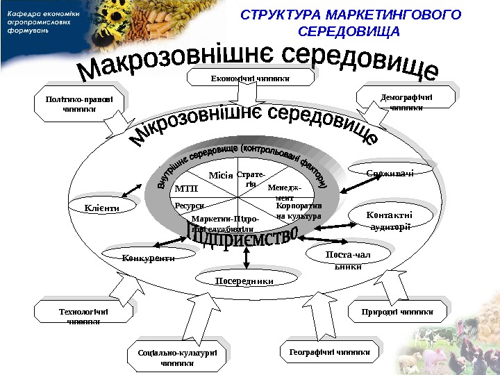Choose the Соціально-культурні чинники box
[x=177, y=358]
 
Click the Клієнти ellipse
[x=102, y=207]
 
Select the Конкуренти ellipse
[x=147, y=258]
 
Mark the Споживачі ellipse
[x=390, y=172]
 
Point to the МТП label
[x=187, y=188]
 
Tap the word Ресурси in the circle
[x=189, y=206]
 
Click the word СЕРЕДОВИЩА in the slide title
[x=349, y=32]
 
